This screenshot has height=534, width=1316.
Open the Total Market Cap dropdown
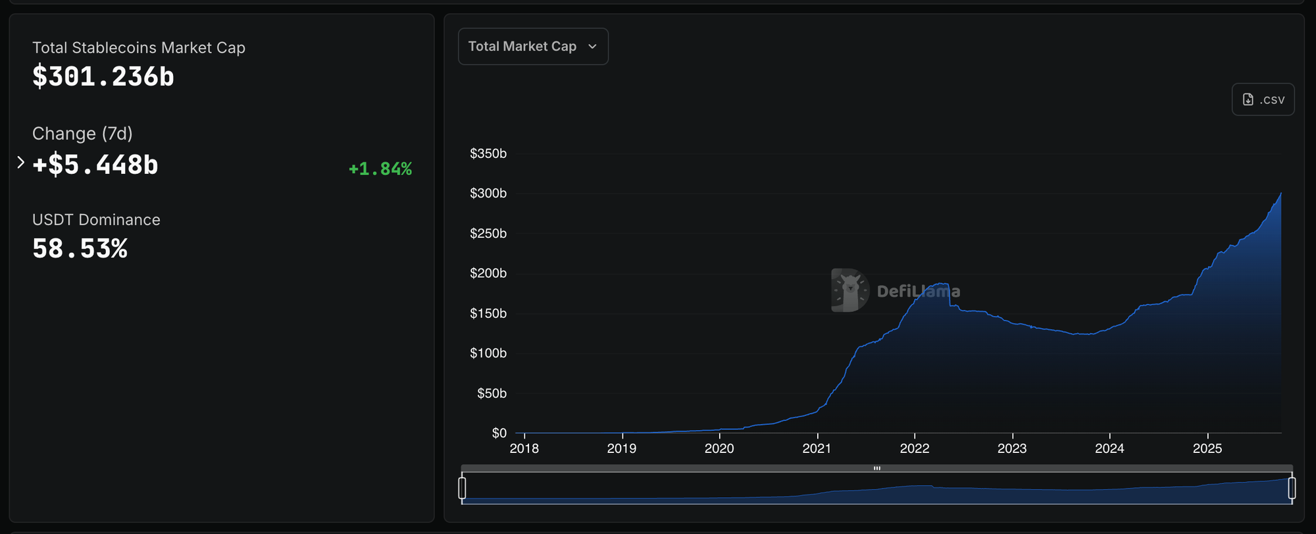[x=533, y=46]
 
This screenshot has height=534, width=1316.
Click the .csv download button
[x=1263, y=99]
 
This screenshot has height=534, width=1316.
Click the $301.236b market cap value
[x=103, y=76]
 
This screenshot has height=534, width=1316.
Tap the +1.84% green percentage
[x=380, y=169]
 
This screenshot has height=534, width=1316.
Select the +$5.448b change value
[x=95, y=165]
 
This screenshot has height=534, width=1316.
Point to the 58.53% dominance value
[x=80, y=249]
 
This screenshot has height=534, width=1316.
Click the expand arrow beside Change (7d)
[x=20, y=162]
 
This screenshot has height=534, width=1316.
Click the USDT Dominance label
[x=96, y=220]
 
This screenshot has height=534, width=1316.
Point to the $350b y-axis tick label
[x=488, y=153]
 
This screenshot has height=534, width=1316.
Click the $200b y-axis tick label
[x=488, y=273]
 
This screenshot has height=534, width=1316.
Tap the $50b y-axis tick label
[x=492, y=393]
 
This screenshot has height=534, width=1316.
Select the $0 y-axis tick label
[x=499, y=433]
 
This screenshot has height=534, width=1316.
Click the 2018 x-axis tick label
[x=524, y=448]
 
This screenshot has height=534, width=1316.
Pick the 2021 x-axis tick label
[x=817, y=448]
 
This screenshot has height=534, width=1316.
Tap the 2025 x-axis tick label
[x=1207, y=448]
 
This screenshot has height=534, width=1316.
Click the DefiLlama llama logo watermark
[x=849, y=290]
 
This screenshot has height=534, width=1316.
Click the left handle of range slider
[x=462, y=488]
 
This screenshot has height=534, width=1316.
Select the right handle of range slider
[x=1292, y=488]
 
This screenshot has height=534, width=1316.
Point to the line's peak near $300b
[x=1280, y=193]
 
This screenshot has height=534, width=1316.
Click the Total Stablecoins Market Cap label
[x=139, y=47]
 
